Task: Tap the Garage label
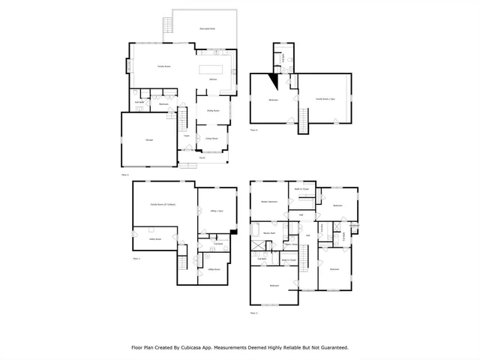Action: tap(140, 140)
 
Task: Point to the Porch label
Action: tap(202, 157)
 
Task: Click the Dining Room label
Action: tap(213, 110)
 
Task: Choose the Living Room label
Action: tap(212, 139)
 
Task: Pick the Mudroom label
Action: tap(164, 103)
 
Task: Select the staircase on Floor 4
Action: tap(304, 120)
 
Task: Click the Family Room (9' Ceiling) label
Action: tap(163, 204)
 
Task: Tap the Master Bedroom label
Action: tap(269, 202)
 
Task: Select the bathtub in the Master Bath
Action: tap(255, 229)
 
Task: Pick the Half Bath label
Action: tap(140, 102)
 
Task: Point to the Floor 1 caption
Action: tap(136, 258)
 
